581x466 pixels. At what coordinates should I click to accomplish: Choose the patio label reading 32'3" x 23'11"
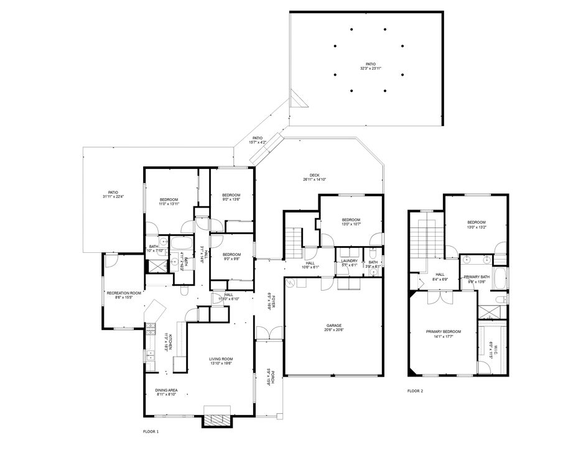click(x=370, y=66)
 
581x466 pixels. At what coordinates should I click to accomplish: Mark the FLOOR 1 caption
click(x=151, y=431)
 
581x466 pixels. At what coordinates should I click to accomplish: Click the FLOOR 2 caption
click(x=415, y=391)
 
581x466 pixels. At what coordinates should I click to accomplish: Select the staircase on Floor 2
click(x=427, y=236)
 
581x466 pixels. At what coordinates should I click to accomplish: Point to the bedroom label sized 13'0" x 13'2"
click(x=476, y=225)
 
